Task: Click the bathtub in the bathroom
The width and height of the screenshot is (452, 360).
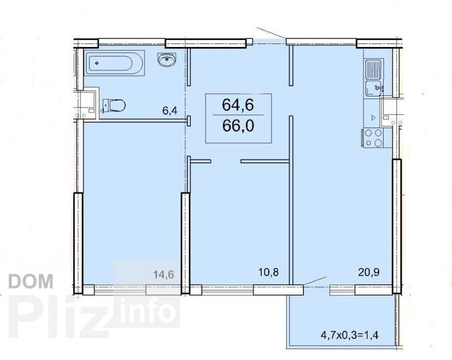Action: (114, 63)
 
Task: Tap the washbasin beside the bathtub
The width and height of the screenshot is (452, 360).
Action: (167, 59)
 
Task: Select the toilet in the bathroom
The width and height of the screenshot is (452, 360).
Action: (114, 105)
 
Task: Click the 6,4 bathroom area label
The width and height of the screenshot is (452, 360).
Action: (169, 111)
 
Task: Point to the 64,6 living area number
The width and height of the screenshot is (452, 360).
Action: (238, 105)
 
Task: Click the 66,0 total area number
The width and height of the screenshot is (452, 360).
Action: (238, 126)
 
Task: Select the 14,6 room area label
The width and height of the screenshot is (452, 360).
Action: (163, 274)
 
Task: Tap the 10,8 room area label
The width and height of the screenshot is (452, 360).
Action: (269, 272)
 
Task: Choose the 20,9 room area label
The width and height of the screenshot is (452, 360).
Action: (369, 272)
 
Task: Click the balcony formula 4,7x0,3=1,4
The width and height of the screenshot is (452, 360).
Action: (349, 335)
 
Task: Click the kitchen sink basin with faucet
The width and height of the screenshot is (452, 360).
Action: (374, 88)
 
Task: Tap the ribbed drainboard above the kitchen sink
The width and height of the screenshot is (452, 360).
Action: (374, 69)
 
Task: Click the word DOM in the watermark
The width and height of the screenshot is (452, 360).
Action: (31, 281)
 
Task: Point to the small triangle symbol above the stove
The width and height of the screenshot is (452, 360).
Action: (374, 117)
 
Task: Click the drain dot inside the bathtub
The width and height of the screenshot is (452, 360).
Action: (97, 63)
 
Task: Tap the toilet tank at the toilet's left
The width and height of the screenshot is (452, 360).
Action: (105, 105)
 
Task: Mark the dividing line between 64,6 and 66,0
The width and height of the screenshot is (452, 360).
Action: (238, 115)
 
